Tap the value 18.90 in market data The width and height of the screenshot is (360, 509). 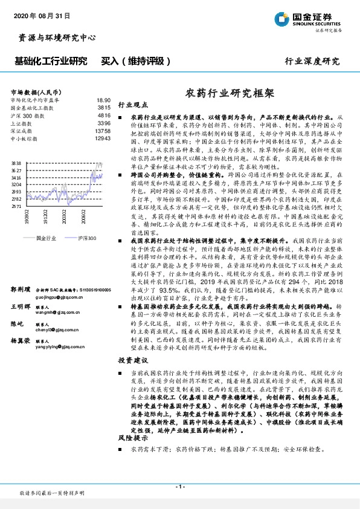[x=103, y=100]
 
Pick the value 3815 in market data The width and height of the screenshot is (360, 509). [x=104, y=107]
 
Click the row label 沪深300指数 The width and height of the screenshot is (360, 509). [x=28, y=115]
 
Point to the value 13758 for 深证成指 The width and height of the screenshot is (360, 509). [x=102, y=131]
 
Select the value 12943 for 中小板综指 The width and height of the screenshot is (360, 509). [x=102, y=138]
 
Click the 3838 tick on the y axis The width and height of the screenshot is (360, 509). [x=16, y=163]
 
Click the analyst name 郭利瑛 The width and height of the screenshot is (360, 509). [x=20, y=290]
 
